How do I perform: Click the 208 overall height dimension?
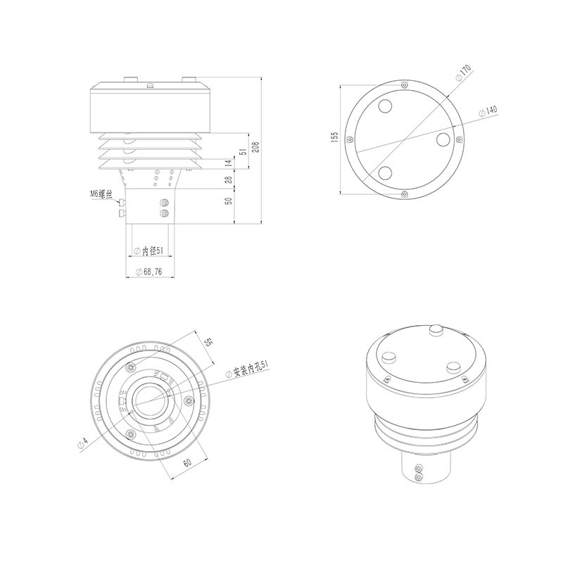(x=256, y=148)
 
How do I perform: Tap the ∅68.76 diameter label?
(x=148, y=272)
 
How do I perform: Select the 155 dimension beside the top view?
(x=336, y=137)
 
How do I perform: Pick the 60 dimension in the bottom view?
(x=187, y=462)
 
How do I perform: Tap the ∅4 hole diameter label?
(x=84, y=442)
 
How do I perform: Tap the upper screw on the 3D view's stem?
(x=419, y=468)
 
